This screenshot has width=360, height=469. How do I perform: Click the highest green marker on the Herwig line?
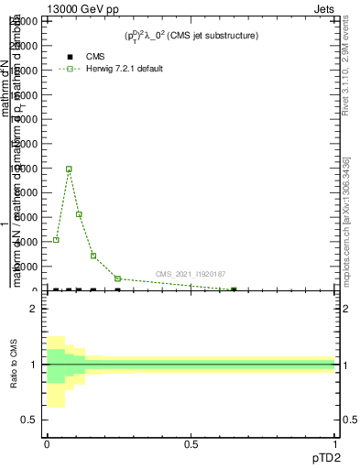coord(69,169)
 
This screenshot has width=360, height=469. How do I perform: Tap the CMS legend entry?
coord(94,56)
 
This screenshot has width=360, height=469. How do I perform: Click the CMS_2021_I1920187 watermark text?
coord(190,274)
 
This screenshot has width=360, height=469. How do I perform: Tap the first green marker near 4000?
coord(56,240)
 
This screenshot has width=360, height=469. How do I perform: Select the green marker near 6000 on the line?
coord(80,214)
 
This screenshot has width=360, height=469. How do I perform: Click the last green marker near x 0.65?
coord(234,289)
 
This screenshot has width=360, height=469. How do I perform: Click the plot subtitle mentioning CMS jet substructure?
coord(191,36)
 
